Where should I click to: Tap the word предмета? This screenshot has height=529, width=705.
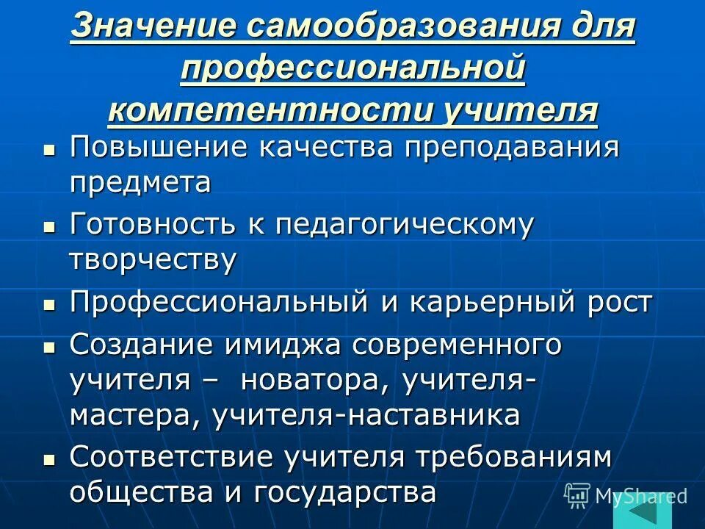coord(140,181)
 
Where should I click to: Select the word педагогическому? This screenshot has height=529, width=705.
coord(405,226)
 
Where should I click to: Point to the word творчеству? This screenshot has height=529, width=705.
coord(153,260)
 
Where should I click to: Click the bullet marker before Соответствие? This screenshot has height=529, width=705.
coord(49,458)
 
